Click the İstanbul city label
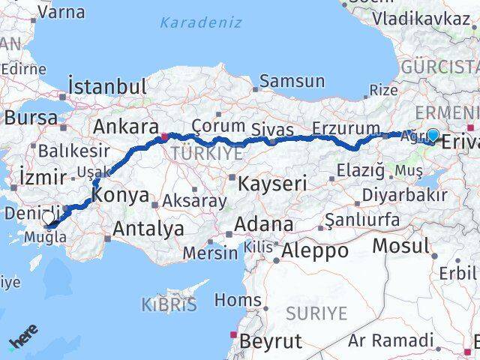106,85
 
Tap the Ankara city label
124,127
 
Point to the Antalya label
148,228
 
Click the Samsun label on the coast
292,81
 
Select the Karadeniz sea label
200,22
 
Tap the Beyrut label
270,342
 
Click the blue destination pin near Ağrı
433,135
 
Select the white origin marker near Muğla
48,217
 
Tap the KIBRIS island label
169,305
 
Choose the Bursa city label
31,118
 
